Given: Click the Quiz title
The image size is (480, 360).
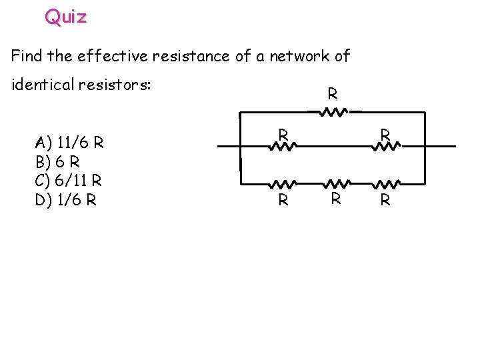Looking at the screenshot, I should coord(66,17).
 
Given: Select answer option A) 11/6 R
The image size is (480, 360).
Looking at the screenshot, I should coord(69,142).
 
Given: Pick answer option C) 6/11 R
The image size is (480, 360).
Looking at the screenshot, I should coord(69,180).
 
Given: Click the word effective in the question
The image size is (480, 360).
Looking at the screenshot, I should coord(113,56).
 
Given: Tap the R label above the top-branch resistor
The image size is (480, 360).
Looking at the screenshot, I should coord(332,95).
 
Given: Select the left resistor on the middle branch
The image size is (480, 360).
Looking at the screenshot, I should coord(283,145).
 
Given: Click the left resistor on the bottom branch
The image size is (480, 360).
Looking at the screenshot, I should coord(283,183).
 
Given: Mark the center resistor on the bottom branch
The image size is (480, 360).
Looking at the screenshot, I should coord(337,183).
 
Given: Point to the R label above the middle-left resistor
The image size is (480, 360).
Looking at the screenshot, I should coord(283,134).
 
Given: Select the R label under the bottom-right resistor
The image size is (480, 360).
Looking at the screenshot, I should coord(385,199).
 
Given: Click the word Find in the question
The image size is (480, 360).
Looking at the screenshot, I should coord(26,56).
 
